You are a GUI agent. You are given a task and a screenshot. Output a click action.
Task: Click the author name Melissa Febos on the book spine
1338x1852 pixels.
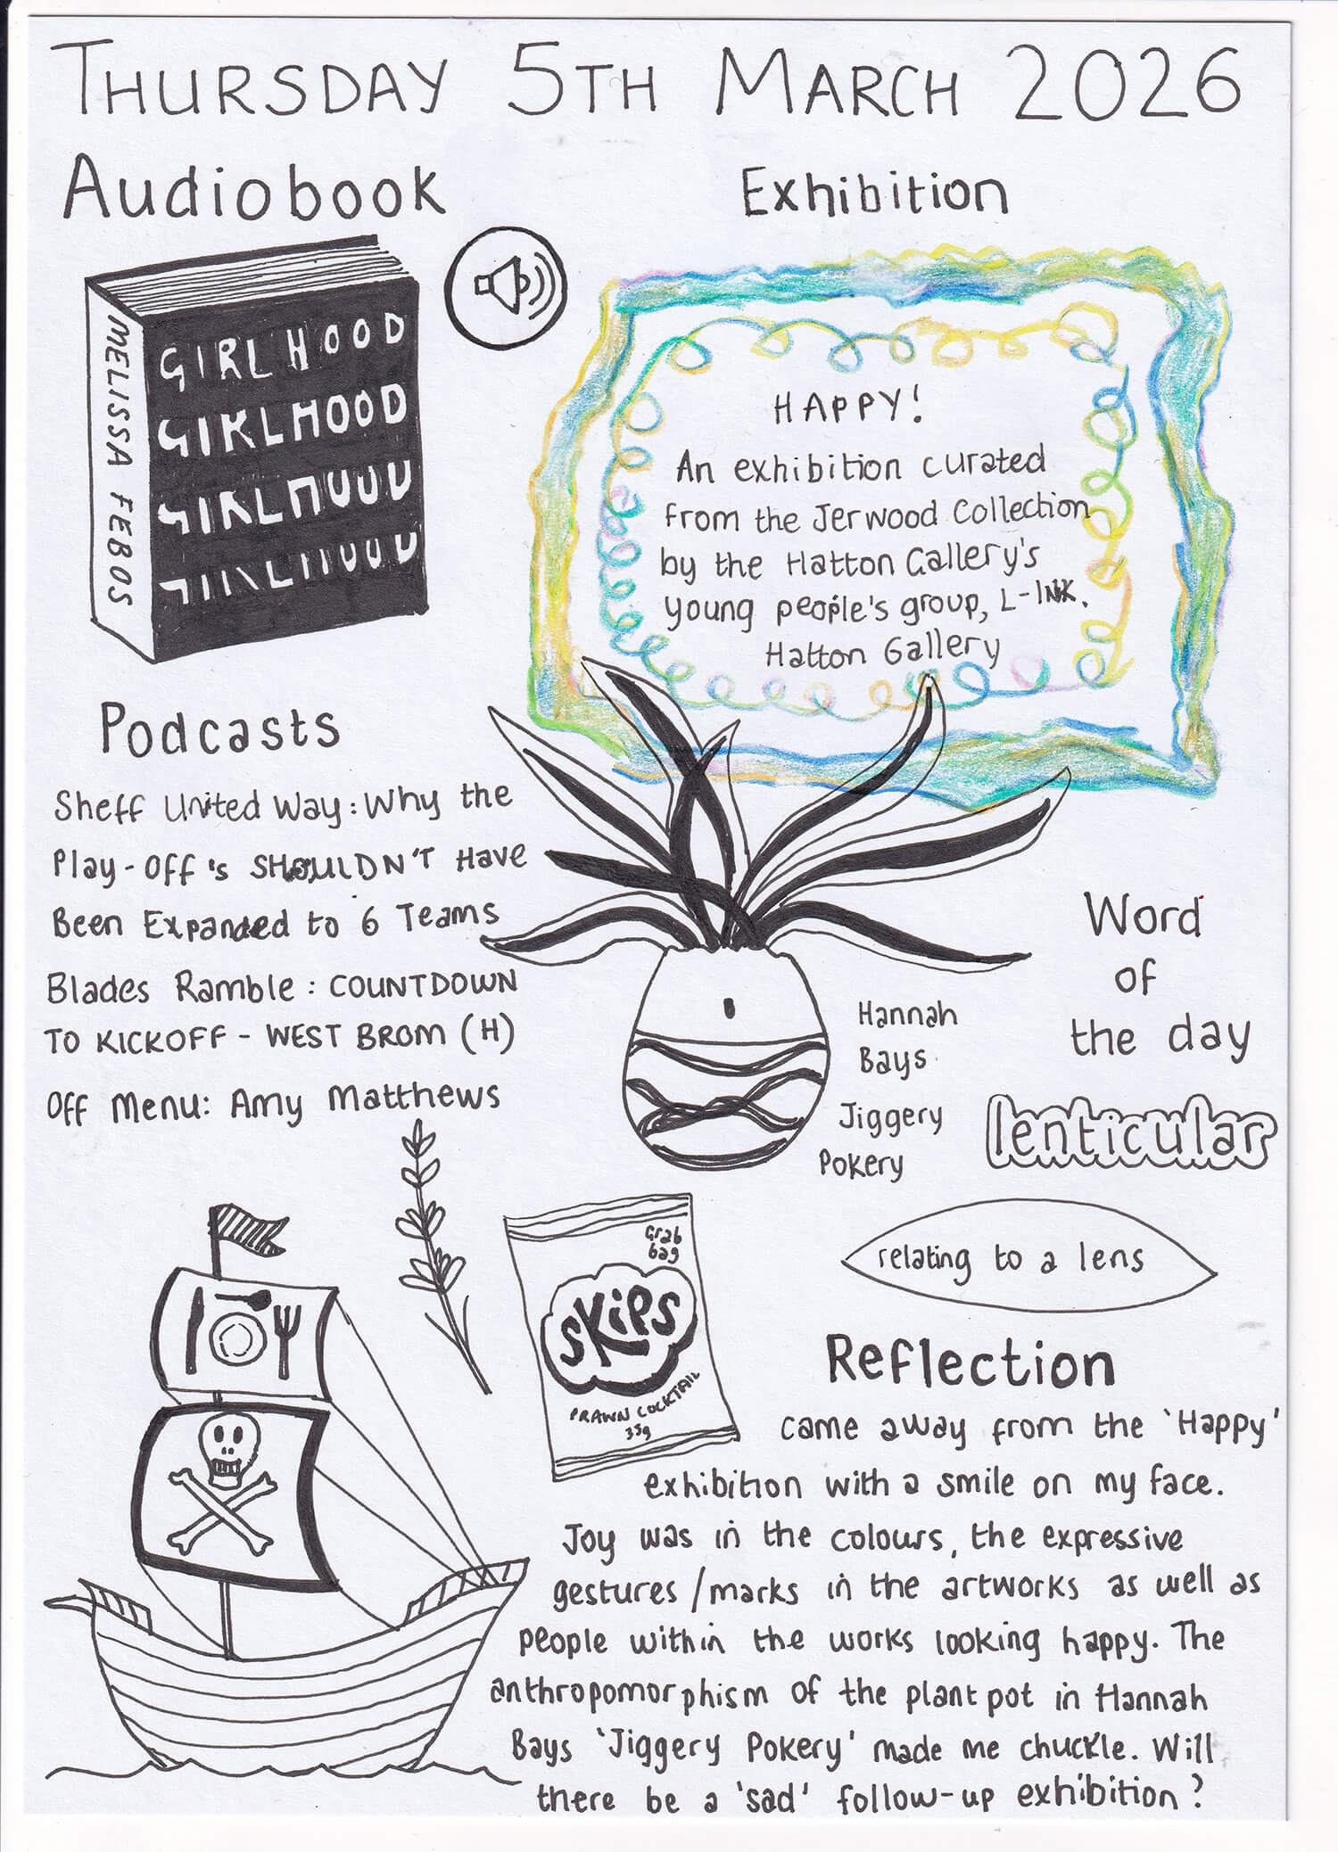pyautogui.click(x=120, y=464)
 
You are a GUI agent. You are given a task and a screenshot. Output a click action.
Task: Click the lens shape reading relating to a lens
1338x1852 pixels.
pyautogui.click(x=1026, y=1260)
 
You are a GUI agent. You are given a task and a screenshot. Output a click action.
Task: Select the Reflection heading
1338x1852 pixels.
pyautogui.click(x=970, y=1362)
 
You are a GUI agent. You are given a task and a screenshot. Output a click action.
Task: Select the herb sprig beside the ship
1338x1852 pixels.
pyautogui.click(x=437, y=1248)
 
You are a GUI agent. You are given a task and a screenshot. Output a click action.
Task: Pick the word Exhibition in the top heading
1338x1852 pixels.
pyautogui.click(x=874, y=193)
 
